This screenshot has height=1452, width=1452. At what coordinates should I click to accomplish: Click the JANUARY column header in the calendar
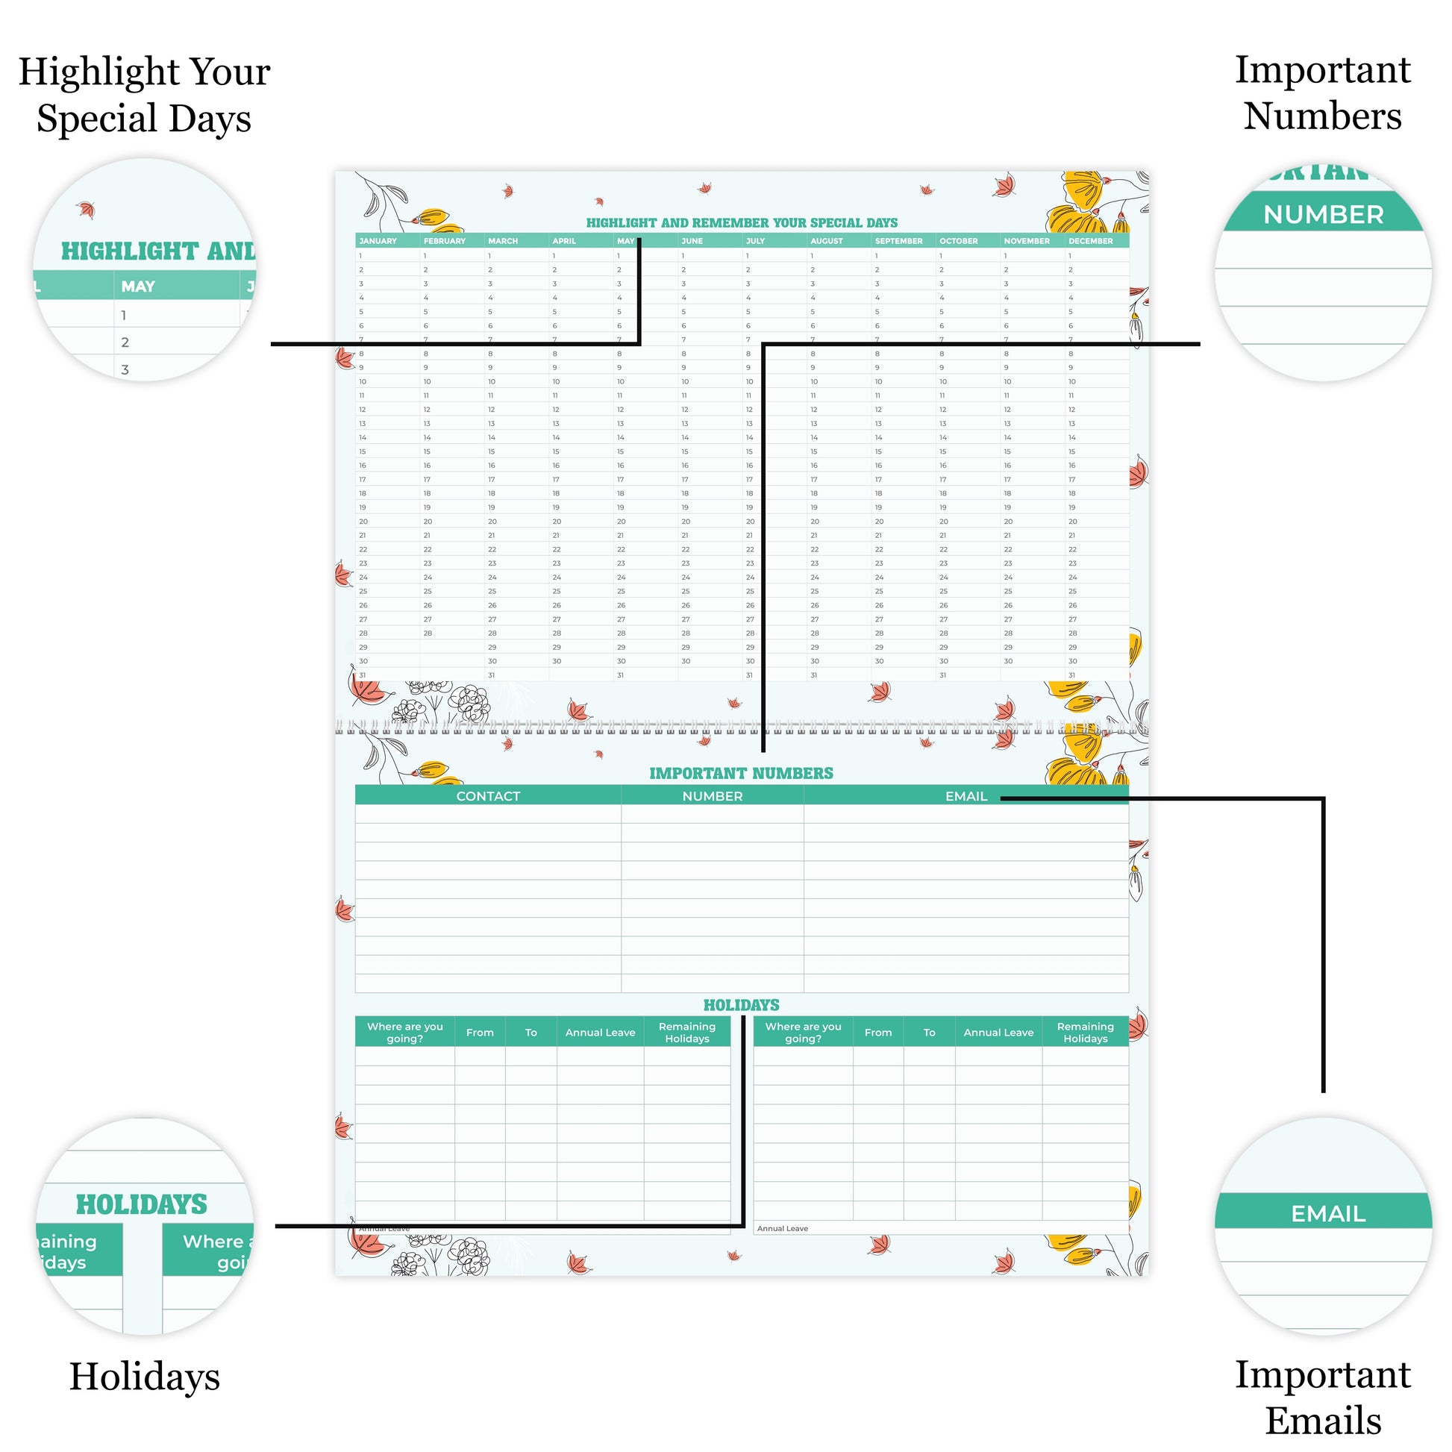pyautogui.click(x=378, y=241)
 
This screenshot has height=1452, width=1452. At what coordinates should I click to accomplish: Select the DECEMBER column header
pyautogui.click(x=1091, y=241)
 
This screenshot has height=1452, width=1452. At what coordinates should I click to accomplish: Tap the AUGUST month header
pyautogui.click(x=827, y=241)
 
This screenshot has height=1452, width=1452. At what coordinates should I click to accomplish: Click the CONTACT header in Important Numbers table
pyautogui.click(x=488, y=796)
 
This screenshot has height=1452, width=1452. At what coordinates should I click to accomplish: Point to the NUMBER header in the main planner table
pyautogui.click(x=712, y=796)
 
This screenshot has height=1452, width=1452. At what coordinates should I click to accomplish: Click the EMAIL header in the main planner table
pyautogui.click(x=966, y=796)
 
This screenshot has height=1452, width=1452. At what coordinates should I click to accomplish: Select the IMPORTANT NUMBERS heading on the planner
pyautogui.click(x=741, y=773)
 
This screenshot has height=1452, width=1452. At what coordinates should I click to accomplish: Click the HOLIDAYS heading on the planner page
pyautogui.click(x=741, y=1005)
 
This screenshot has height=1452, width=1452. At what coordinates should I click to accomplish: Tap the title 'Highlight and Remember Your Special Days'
pyautogui.click(x=742, y=223)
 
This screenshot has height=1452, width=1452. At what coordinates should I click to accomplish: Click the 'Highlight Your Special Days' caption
pyautogui.click(x=144, y=95)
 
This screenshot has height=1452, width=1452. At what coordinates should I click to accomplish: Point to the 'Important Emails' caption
pyautogui.click(x=1323, y=1397)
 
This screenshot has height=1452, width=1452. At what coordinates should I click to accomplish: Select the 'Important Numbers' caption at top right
pyautogui.click(x=1323, y=93)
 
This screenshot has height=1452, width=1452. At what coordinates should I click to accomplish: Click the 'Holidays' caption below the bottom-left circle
pyautogui.click(x=144, y=1376)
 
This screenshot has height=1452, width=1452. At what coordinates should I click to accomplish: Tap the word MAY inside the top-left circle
pyautogui.click(x=138, y=287)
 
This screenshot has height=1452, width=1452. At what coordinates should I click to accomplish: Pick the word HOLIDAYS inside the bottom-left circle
pyautogui.click(x=141, y=1205)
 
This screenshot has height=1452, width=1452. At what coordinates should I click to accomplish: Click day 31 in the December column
pyautogui.click(x=1071, y=675)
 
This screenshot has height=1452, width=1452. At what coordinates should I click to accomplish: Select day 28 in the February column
pyautogui.click(x=427, y=633)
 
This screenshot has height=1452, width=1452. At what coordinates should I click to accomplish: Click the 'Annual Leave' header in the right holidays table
pyautogui.click(x=998, y=1033)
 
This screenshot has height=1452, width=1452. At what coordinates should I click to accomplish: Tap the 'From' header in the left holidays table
pyautogui.click(x=480, y=1033)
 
